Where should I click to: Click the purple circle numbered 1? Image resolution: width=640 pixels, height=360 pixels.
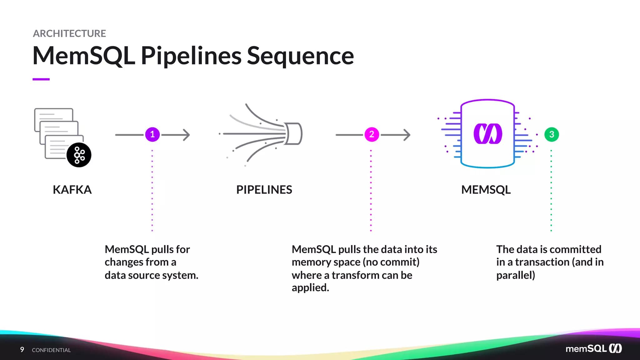(x=152, y=135)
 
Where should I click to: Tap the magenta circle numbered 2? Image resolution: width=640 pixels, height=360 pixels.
(x=372, y=135)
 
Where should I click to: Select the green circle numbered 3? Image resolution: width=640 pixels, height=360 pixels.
(x=552, y=135)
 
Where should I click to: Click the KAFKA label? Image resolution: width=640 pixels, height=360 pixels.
(x=72, y=190)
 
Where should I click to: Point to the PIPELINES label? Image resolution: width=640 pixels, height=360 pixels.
(x=264, y=190)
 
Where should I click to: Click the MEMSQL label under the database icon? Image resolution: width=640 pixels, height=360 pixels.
(x=486, y=190)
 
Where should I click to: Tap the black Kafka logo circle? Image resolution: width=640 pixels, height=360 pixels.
(x=79, y=155)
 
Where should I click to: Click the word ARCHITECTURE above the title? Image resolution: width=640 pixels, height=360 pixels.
(x=69, y=33)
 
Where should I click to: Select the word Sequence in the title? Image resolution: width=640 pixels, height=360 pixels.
(x=300, y=56)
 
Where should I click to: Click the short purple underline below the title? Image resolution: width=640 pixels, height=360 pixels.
(x=41, y=79)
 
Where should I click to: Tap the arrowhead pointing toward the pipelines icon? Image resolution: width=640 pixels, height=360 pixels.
(x=187, y=135)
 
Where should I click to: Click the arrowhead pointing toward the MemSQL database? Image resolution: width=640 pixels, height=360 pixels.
(x=407, y=135)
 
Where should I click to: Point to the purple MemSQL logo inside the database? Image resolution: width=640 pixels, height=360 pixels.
(x=488, y=134)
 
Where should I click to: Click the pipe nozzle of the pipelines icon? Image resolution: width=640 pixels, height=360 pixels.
(x=294, y=134)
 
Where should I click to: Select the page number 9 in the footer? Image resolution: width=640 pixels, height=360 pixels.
(x=22, y=349)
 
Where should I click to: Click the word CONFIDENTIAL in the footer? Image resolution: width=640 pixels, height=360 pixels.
(x=51, y=350)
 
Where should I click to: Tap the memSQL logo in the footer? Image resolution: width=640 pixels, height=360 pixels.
(x=593, y=348)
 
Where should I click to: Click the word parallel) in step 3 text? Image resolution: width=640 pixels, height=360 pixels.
(x=516, y=275)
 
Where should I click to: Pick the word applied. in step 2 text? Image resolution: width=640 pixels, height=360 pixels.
(x=310, y=288)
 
